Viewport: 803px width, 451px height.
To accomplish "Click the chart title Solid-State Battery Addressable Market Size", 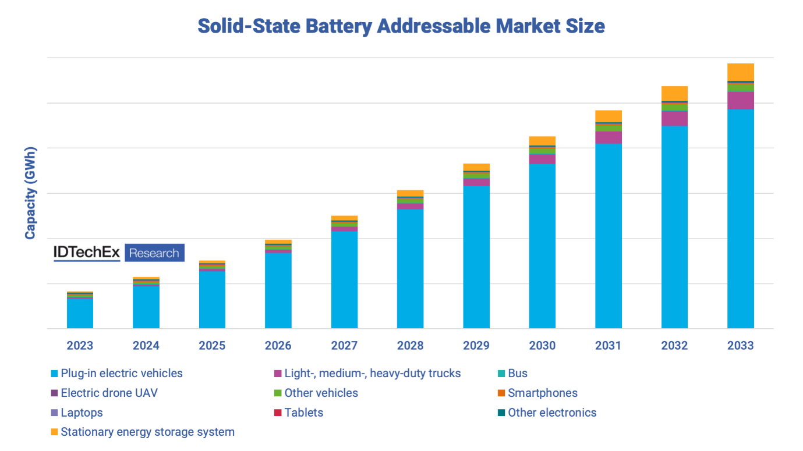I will pos(401,26).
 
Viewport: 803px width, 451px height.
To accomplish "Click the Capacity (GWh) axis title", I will pos(30,193).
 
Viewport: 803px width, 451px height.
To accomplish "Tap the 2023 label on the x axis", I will pos(80,346).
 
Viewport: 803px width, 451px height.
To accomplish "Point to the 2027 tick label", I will pos(344,346).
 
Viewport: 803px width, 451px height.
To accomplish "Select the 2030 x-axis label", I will pos(542,346).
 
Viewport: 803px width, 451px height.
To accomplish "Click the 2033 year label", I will pos(740,346).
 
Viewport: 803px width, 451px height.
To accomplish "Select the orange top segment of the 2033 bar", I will pos(740,72).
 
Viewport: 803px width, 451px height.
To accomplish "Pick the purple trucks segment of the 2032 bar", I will pos(674,118).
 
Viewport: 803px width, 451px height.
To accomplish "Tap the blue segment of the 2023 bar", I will pos(80,314).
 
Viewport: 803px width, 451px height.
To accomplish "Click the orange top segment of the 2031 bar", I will pos(609,116).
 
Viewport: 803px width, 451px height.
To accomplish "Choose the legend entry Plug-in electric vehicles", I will pos(121,374).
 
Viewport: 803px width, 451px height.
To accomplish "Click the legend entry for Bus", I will pos(517,374).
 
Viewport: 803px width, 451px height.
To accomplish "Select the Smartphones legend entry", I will pos(542,393).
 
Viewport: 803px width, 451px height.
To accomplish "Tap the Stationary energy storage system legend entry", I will pos(147,432).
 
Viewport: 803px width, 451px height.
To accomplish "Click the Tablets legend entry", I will pos(303,413).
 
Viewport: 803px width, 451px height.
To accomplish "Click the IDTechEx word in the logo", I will pos(87,253).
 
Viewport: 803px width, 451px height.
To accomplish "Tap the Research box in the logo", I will pos(154,253).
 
